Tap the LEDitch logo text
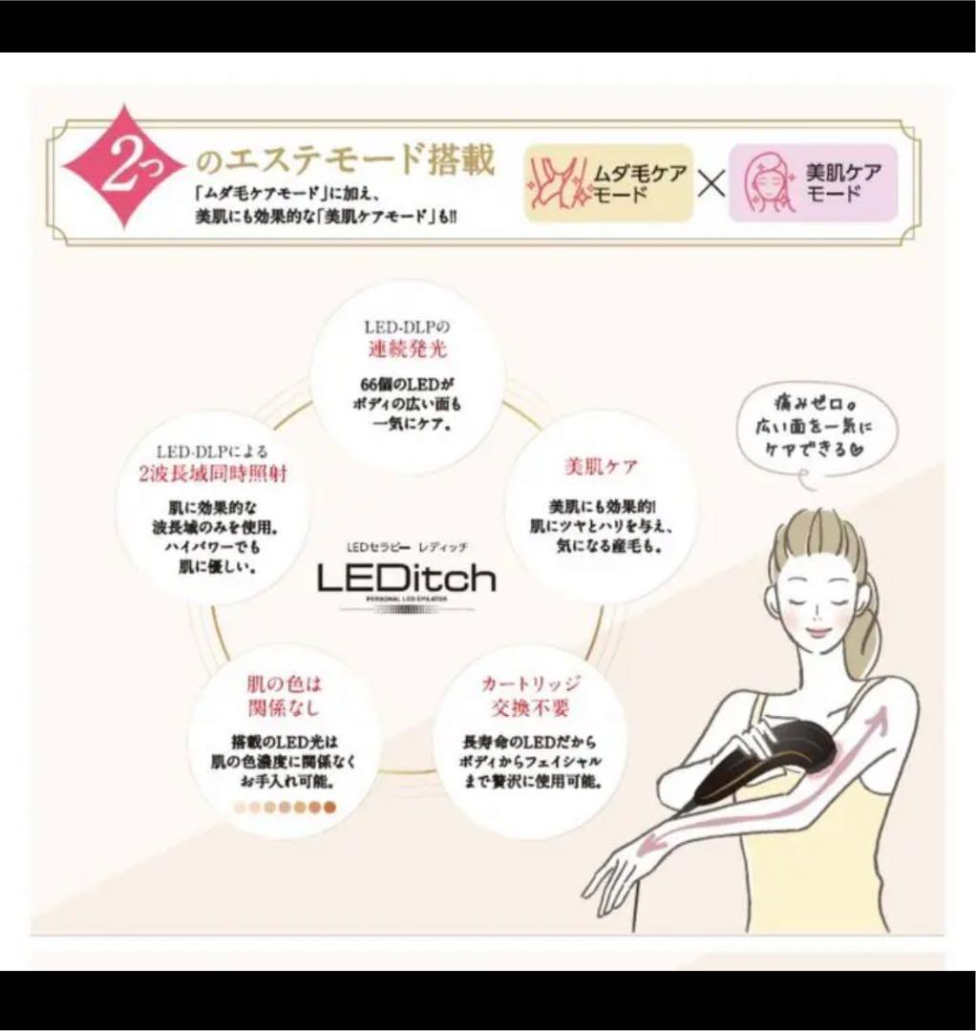[x=407, y=577]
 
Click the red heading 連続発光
[x=408, y=349]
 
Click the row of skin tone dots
[x=285, y=808]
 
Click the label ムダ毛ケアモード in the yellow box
[x=638, y=182]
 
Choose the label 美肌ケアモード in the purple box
[x=843, y=182]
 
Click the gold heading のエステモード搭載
[x=345, y=159]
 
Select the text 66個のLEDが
[x=408, y=383]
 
